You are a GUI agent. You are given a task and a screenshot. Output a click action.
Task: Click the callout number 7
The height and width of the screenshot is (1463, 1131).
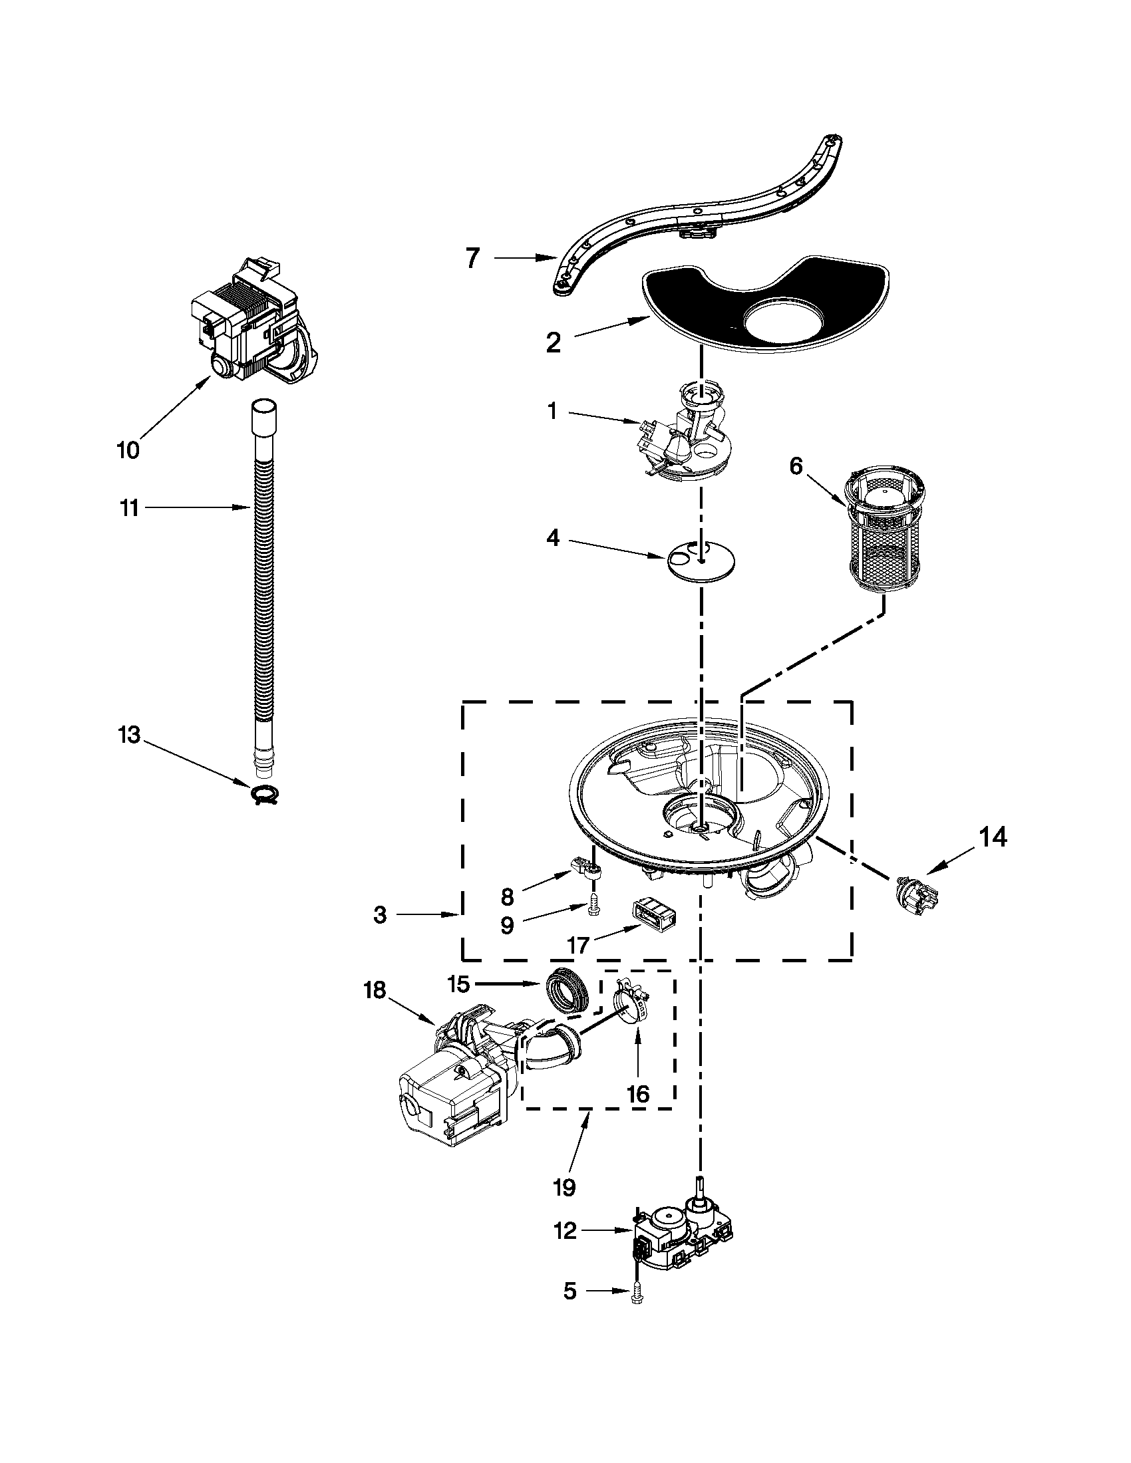click(x=473, y=258)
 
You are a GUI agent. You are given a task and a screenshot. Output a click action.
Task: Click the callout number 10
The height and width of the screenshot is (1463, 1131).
click(x=128, y=450)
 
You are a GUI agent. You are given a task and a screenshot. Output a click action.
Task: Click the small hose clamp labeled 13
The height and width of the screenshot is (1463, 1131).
click(x=265, y=795)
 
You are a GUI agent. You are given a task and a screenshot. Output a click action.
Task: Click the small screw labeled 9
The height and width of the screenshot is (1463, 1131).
click(x=593, y=907)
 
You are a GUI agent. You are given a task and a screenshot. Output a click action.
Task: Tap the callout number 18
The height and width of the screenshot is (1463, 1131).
click(x=375, y=990)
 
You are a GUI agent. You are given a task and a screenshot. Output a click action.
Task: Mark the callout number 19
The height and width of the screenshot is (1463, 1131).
click(x=565, y=1187)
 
